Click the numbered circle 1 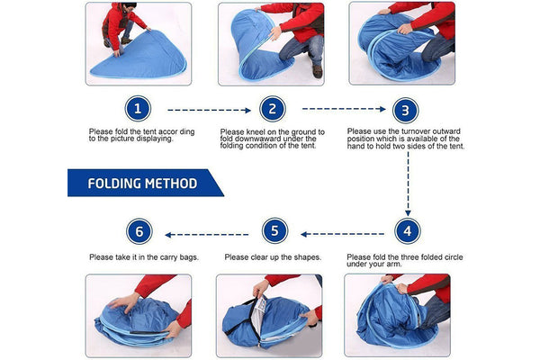pos(138,109)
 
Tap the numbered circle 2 pos(273,109)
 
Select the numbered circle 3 pos(405,111)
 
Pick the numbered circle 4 pos(408,230)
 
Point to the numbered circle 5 pos(274,230)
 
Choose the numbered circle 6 pos(139,231)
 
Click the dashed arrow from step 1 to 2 pos(209,110)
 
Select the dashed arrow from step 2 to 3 pos(344,109)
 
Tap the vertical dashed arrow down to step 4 pos(408,184)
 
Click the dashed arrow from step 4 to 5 pos(342,234)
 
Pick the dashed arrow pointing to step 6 pos(207,235)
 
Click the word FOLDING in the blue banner pos(113,184)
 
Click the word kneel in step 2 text pos(256,132)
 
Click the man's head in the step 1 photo pos(129,7)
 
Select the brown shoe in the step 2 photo pos(317,71)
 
